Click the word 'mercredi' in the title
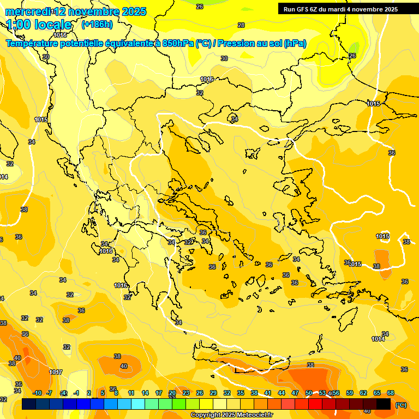pos(27,11)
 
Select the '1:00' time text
pos(19,25)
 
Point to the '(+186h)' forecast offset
pos(97,25)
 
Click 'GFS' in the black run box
pos(302,9)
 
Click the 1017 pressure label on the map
pos(56,372)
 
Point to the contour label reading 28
pos(241,25)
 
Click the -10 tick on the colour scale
pos(37,393)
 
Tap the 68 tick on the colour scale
pos(391,393)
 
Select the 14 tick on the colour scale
pos(145,393)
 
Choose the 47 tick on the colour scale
pos(295,393)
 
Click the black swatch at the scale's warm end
pos(384,404)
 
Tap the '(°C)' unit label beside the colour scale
pos(401,404)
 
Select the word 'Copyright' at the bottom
pos(206,415)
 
